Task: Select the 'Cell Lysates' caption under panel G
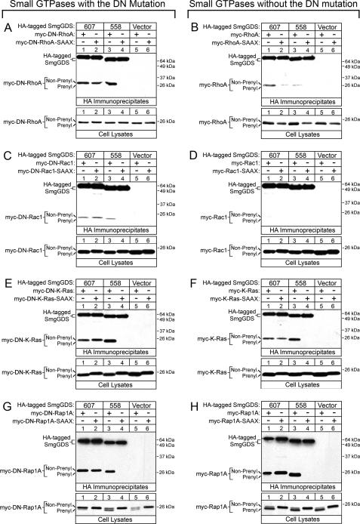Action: point(111,518)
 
